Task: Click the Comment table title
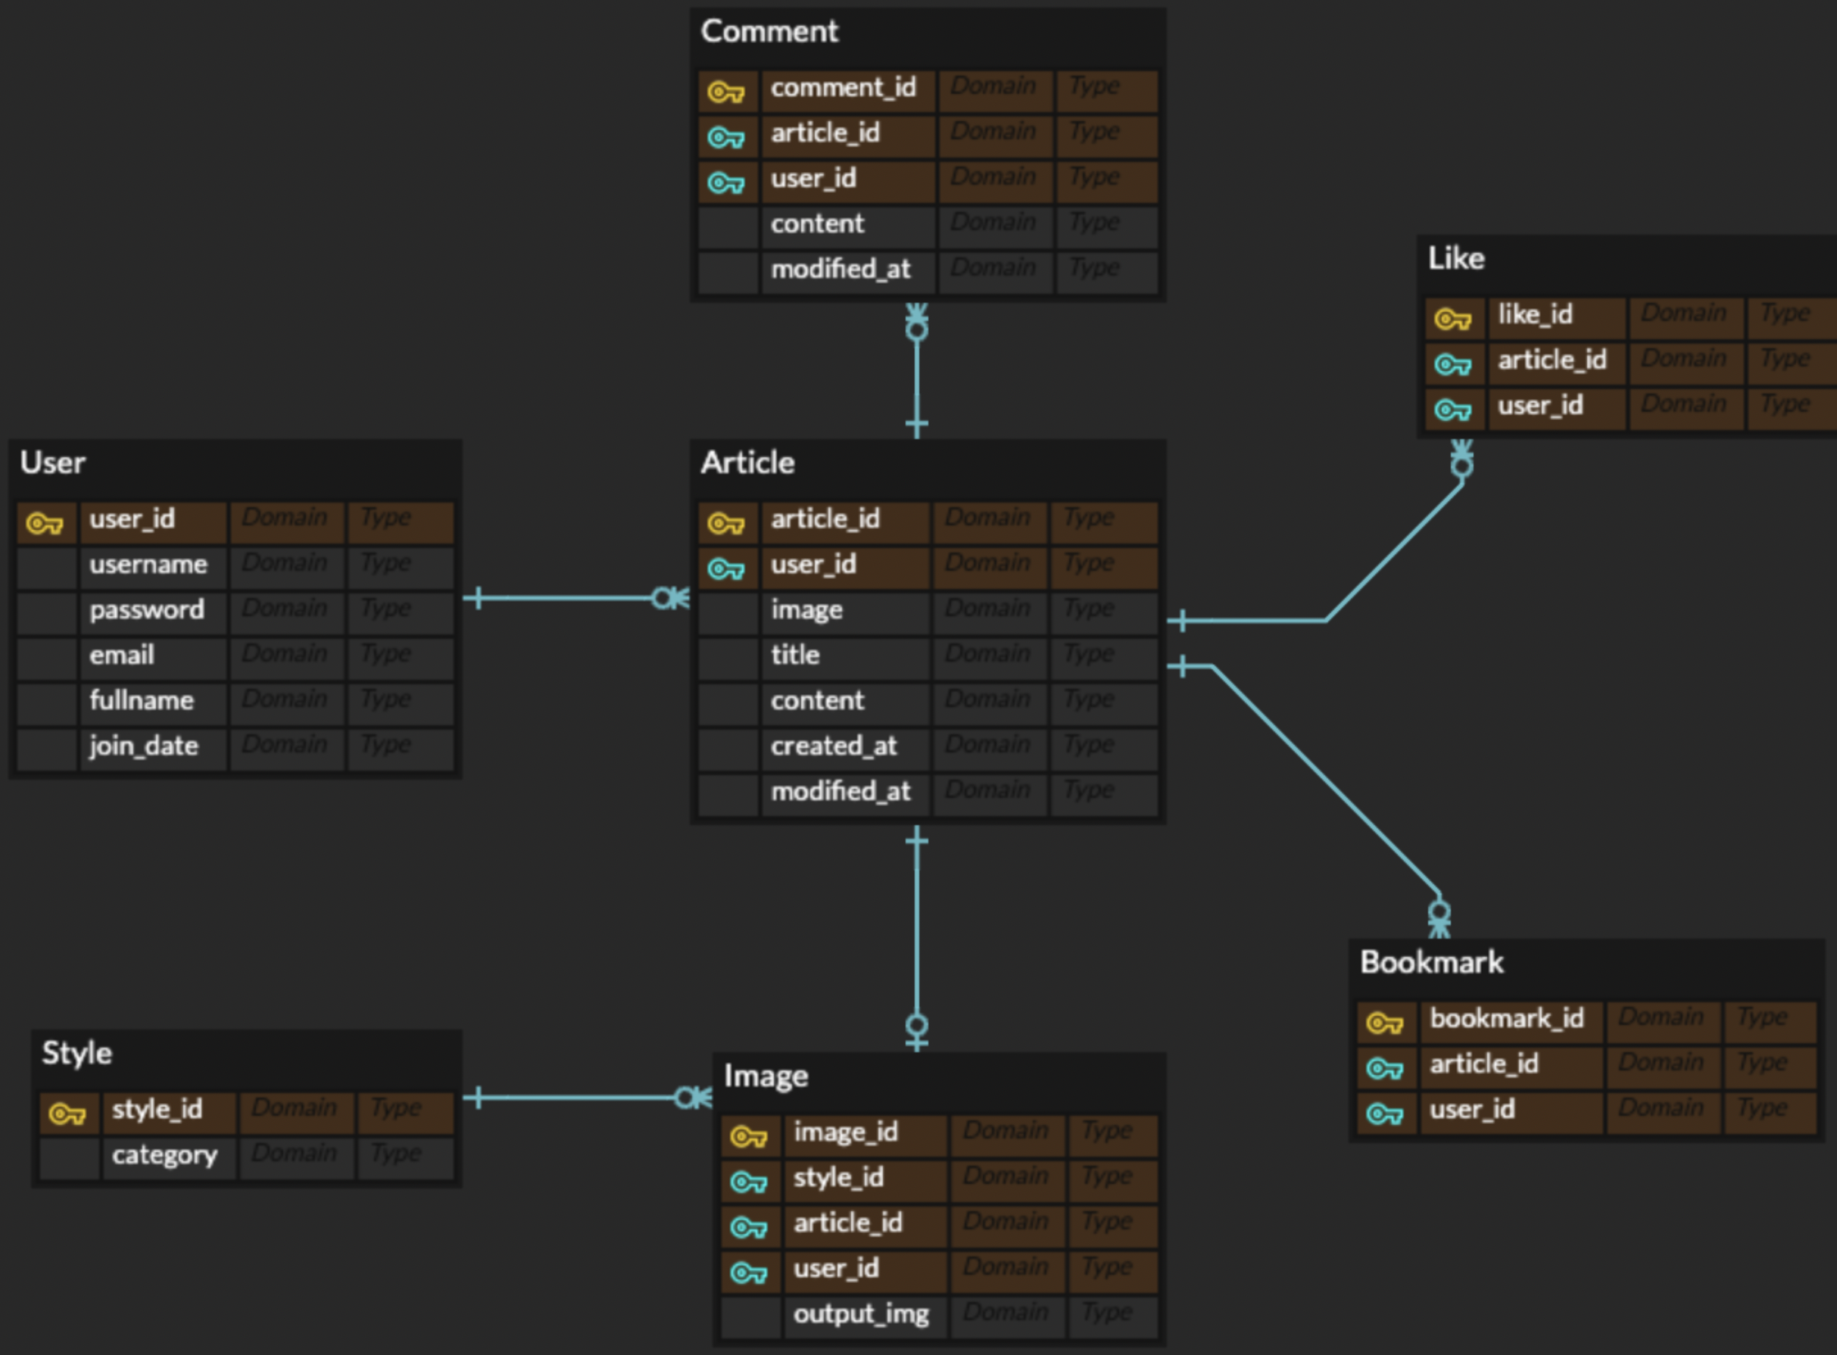pos(769,32)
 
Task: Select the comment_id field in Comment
pos(843,88)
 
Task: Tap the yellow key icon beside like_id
pos(1452,318)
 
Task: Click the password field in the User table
pos(147,610)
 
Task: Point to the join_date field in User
pos(144,746)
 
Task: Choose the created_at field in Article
pos(834,746)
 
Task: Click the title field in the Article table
pos(795,656)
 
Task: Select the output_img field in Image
pos(861,1314)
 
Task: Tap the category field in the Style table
pos(164,1155)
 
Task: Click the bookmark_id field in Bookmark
pos(1506,1019)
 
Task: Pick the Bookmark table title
pos(1432,963)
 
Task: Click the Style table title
pos(77,1053)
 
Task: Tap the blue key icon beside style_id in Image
pos(748,1182)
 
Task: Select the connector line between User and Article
pos(566,598)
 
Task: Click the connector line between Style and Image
pos(574,1098)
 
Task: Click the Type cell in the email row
pos(385,655)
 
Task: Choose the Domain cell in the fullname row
pos(284,699)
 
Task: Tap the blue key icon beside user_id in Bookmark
pos(1384,1114)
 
